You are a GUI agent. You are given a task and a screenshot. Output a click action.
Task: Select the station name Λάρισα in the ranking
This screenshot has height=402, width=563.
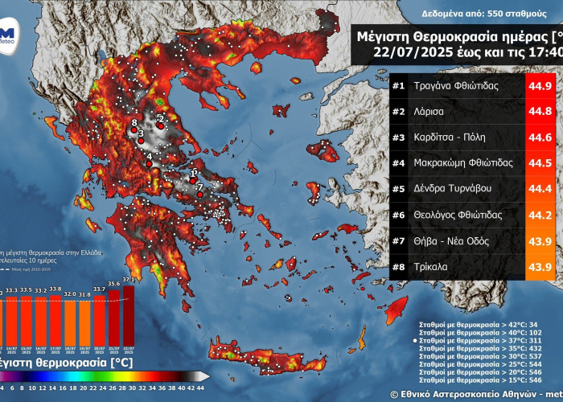click(x=430, y=112)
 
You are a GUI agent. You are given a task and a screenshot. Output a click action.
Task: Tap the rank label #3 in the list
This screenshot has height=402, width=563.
click(x=400, y=137)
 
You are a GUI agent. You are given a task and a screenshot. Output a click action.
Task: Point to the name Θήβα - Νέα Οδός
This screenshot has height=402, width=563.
click(x=454, y=240)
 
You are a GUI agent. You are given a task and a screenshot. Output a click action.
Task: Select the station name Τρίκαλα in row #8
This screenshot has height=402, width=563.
click(x=433, y=266)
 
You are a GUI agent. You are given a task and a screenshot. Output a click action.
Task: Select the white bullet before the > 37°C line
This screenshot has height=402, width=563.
click(x=415, y=341)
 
